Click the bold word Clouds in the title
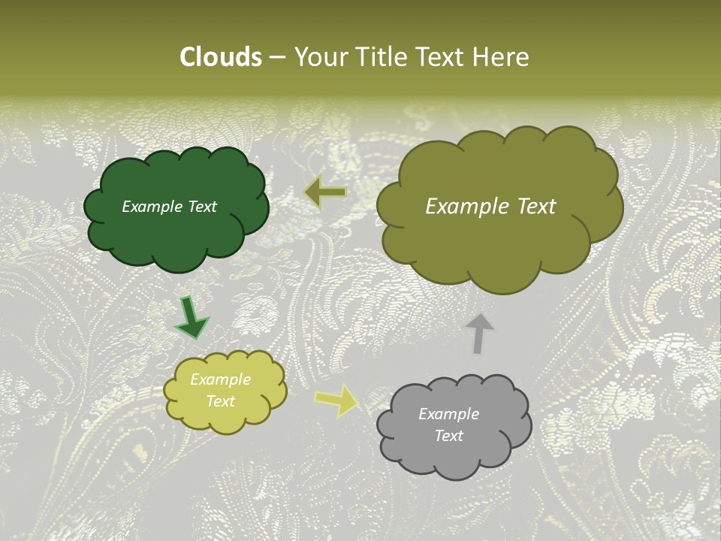click(220, 57)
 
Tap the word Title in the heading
click(381, 57)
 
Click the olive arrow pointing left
click(325, 192)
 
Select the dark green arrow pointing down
click(192, 318)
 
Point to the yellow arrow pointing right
click(337, 400)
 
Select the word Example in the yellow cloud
click(220, 379)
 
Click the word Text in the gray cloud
click(448, 436)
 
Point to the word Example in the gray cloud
click(448, 414)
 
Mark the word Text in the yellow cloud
click(220, 401)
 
